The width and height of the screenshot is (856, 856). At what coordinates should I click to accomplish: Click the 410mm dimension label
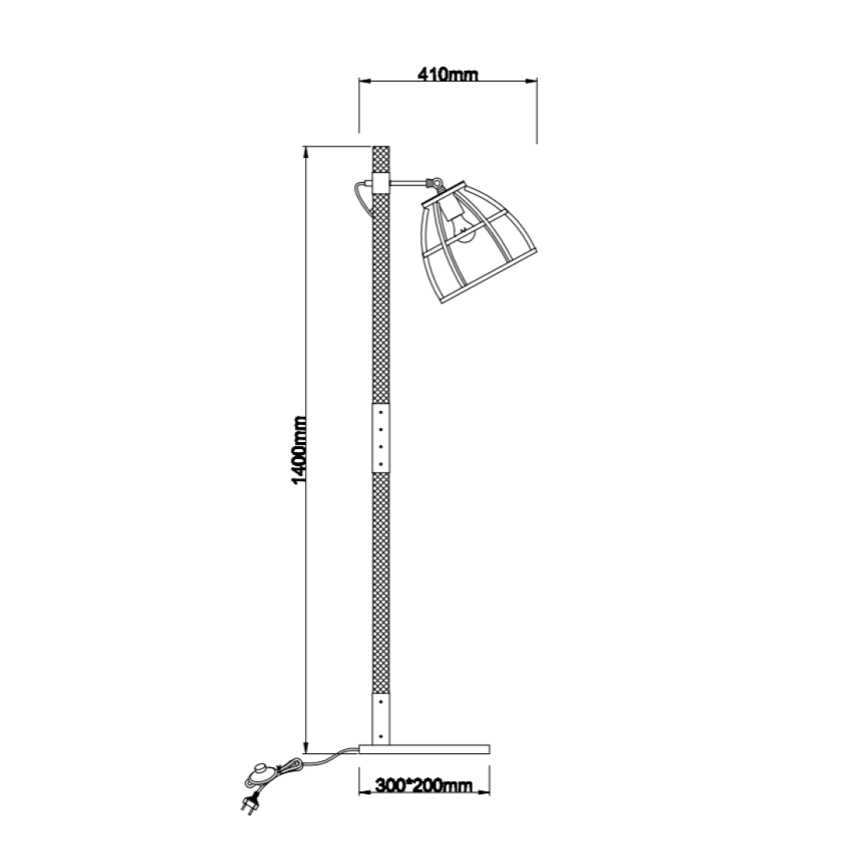[447, 75]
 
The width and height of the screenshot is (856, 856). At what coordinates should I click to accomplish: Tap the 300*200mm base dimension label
[423, 785]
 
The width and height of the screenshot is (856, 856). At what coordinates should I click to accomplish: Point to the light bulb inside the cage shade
[465, 234]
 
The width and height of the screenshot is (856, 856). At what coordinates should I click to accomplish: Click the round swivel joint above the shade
[431, 184]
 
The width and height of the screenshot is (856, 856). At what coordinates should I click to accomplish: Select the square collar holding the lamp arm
[381, 184]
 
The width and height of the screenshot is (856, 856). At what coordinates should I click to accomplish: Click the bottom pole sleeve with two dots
[381, 717]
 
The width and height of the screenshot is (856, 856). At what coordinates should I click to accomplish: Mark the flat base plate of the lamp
[424, 749]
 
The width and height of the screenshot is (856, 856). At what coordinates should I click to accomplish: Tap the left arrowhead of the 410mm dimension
[363, 79]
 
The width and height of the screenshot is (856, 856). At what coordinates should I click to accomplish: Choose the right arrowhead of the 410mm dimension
[532, 79]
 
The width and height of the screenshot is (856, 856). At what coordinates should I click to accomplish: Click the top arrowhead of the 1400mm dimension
[306, 151]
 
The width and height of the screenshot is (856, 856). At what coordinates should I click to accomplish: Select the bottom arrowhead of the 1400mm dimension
[306, 748]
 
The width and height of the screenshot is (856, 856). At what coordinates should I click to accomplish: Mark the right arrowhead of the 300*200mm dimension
[485, 793]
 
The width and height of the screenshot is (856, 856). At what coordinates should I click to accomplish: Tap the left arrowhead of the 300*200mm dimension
[363, 793]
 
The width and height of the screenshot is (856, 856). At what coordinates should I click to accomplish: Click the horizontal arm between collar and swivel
[407, 184]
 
